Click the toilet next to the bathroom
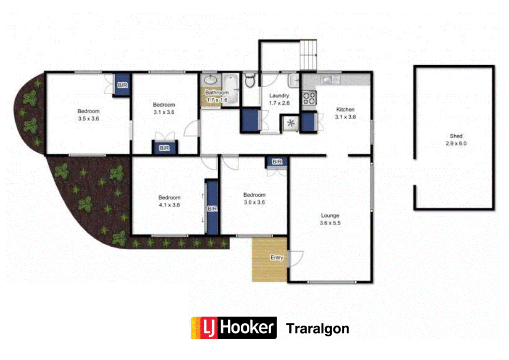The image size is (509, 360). click(x=250, y=81)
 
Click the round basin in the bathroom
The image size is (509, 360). click(x=210, y=80)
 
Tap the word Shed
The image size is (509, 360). click(x=456, y=136)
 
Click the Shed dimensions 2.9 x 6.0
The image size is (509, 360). click(x=456, y=143)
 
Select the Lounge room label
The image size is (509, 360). click(x=330, y=216)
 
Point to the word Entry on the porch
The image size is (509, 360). click(x=277, y=258)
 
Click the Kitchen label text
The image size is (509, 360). click(x=345, y=109)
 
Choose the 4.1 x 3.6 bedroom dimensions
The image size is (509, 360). click(x=169, y=204)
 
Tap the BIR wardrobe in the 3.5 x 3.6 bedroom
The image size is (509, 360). click(x=122, y=85)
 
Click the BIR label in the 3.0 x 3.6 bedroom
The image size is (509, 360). click(x=277, y=162)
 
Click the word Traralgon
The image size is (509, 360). click(x=318, y=328)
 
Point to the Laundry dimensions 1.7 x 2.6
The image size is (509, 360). click(x=279, y=103)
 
